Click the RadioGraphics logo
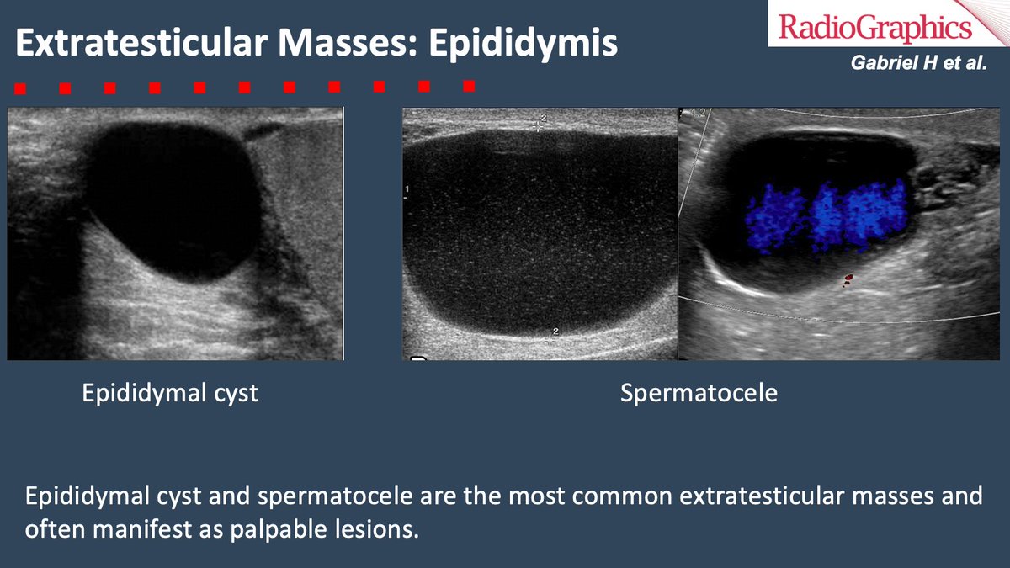tap(875, 29)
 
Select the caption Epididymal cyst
tap(170, 394)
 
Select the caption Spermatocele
tap(699, 394)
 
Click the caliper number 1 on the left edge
tap(407, 190)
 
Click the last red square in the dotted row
tap(469, 85)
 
